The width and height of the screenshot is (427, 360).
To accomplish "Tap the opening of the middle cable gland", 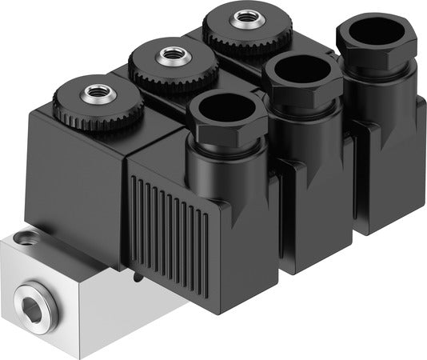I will (298, 74).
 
